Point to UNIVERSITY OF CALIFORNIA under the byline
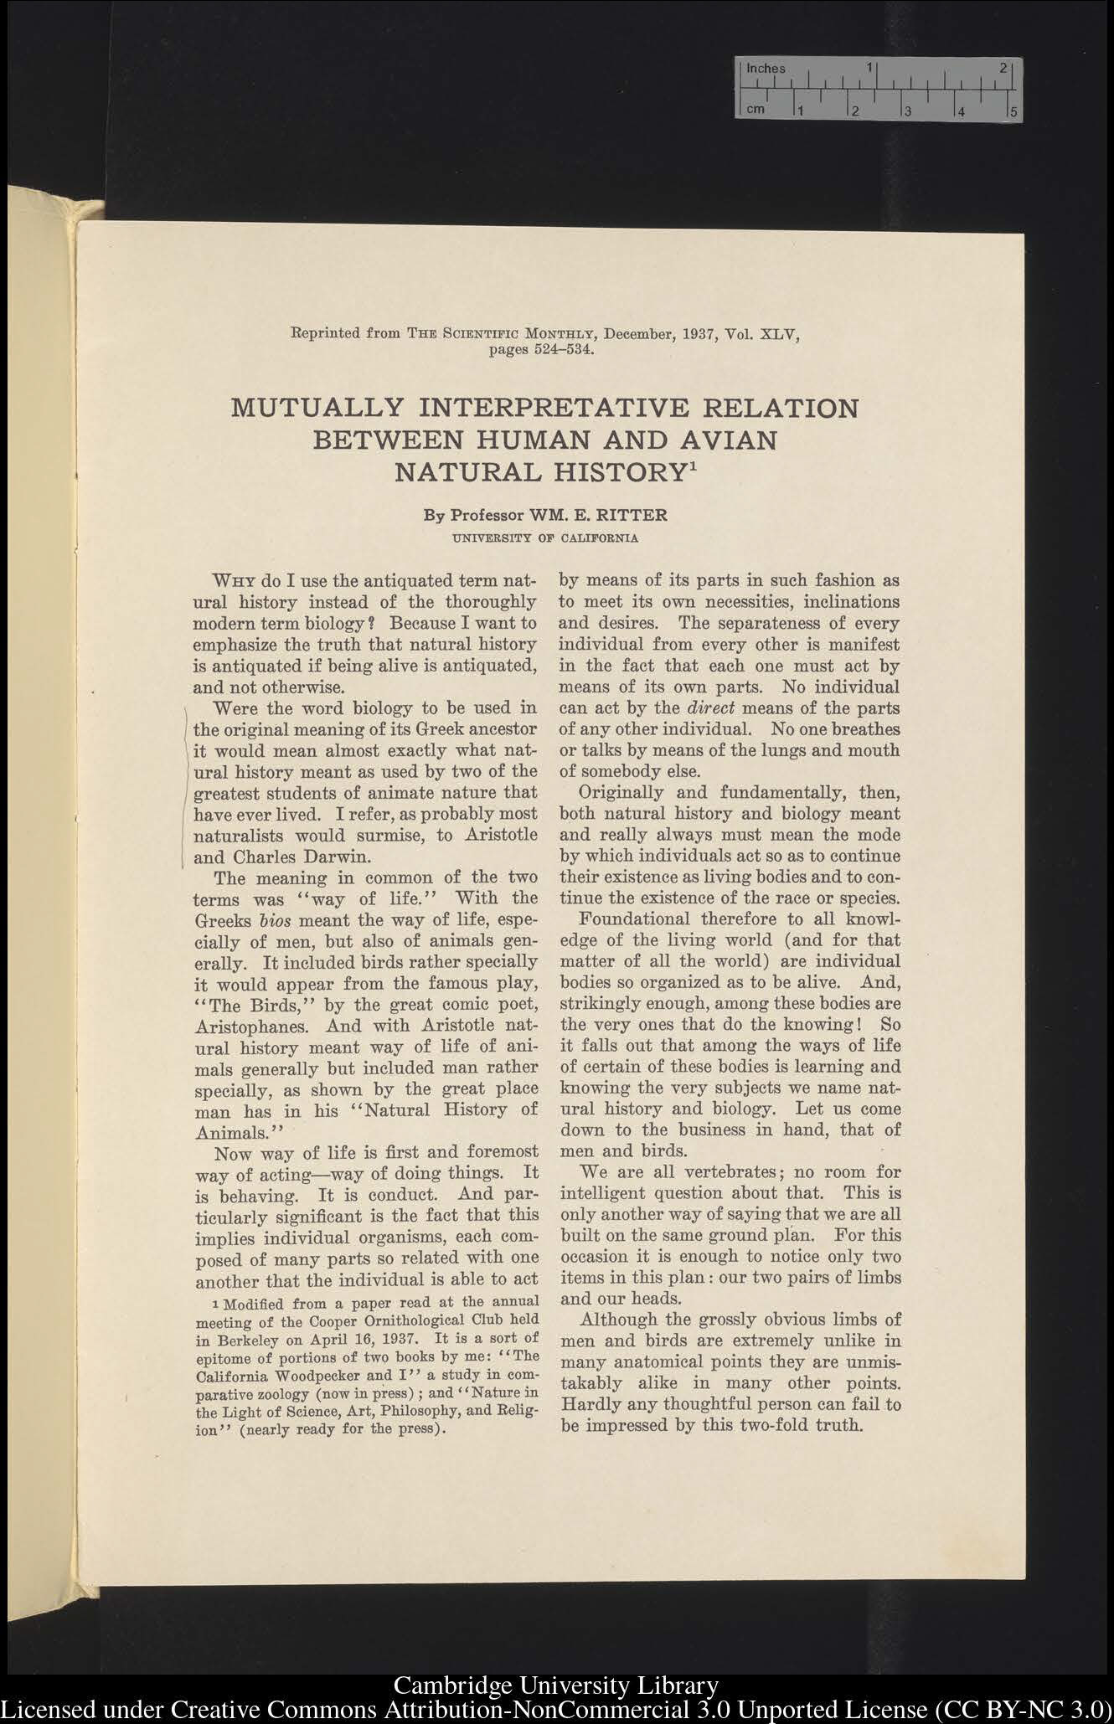[545, 538]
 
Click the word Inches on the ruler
[766, 69]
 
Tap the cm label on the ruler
[755, 109]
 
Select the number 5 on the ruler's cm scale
[1013, 111]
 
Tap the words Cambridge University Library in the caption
[555, 1685]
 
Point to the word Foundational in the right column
[632, 919]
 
